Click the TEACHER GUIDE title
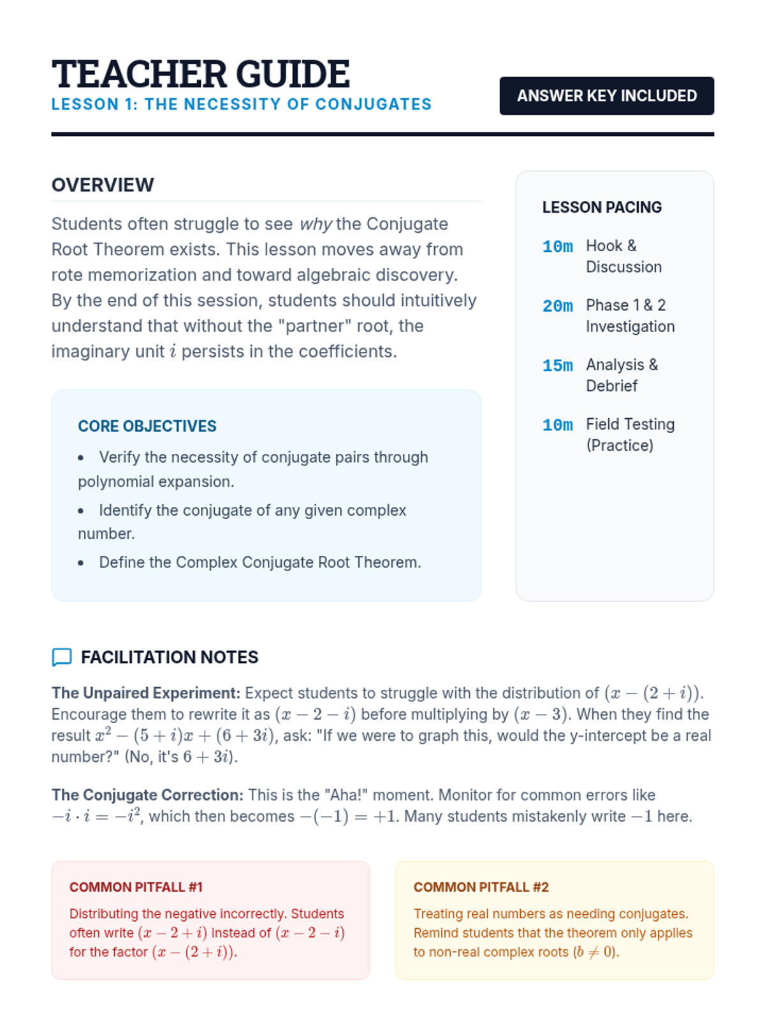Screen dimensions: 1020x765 pyautogui.click(x=200, y=74)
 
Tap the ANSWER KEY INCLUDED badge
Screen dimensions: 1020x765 pyautogui.click(x=606, y=96)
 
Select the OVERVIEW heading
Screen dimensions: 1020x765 pyautogui.click(x=103, y=185)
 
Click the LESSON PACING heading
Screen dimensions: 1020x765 pyautogui.click(x=602, y=207)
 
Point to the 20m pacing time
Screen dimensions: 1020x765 pyautogui.click(x=557, y=306)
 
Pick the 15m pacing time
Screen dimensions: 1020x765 pyautogui.click(x=557, y=365)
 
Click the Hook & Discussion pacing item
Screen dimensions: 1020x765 pyautogui.click(x=623, y=256)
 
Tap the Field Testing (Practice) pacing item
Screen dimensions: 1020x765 pyautogui.click(x=630, y=435)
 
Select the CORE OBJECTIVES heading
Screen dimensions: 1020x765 pyautogui.click(x=147, y=426)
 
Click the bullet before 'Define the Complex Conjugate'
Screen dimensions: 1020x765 pyautogui.click(x=81, y=563)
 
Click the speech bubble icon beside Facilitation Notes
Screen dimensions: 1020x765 pyautogui.click(x=62, y=657)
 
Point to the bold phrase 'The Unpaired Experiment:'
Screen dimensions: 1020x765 pyautogui.click(x=146, y=693)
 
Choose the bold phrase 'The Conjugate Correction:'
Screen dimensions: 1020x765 pyautogui.click(x=147, y=795)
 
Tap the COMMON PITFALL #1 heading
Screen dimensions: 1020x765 pyautogui.click(x=136, y=887)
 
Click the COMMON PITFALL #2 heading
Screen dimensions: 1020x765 pyautogui.click(x=481, y=887)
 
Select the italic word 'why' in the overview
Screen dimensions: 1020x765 pyautogui.click(x=316, y=224)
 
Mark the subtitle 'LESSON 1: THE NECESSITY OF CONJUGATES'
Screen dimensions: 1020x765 pyautogui.click(x=242, y=105)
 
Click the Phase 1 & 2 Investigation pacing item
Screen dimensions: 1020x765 pyautogui.click(x=629, y=316)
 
